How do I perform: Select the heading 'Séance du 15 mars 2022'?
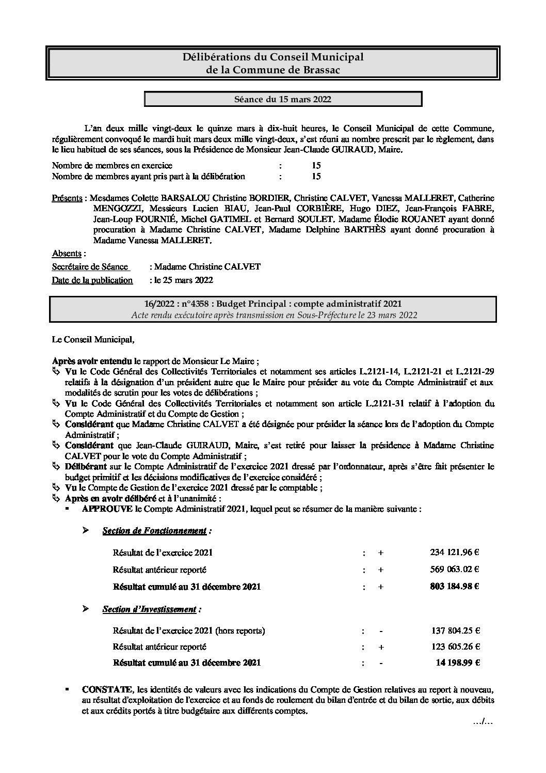[x=283, y=99]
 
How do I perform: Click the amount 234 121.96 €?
[x=454, y=552]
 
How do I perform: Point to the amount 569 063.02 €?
[x=454, y=570]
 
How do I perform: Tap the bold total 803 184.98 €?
[x=454, y=587]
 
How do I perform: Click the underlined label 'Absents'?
[x=67, y=254]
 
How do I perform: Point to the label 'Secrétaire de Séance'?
[x=90, y=267]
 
